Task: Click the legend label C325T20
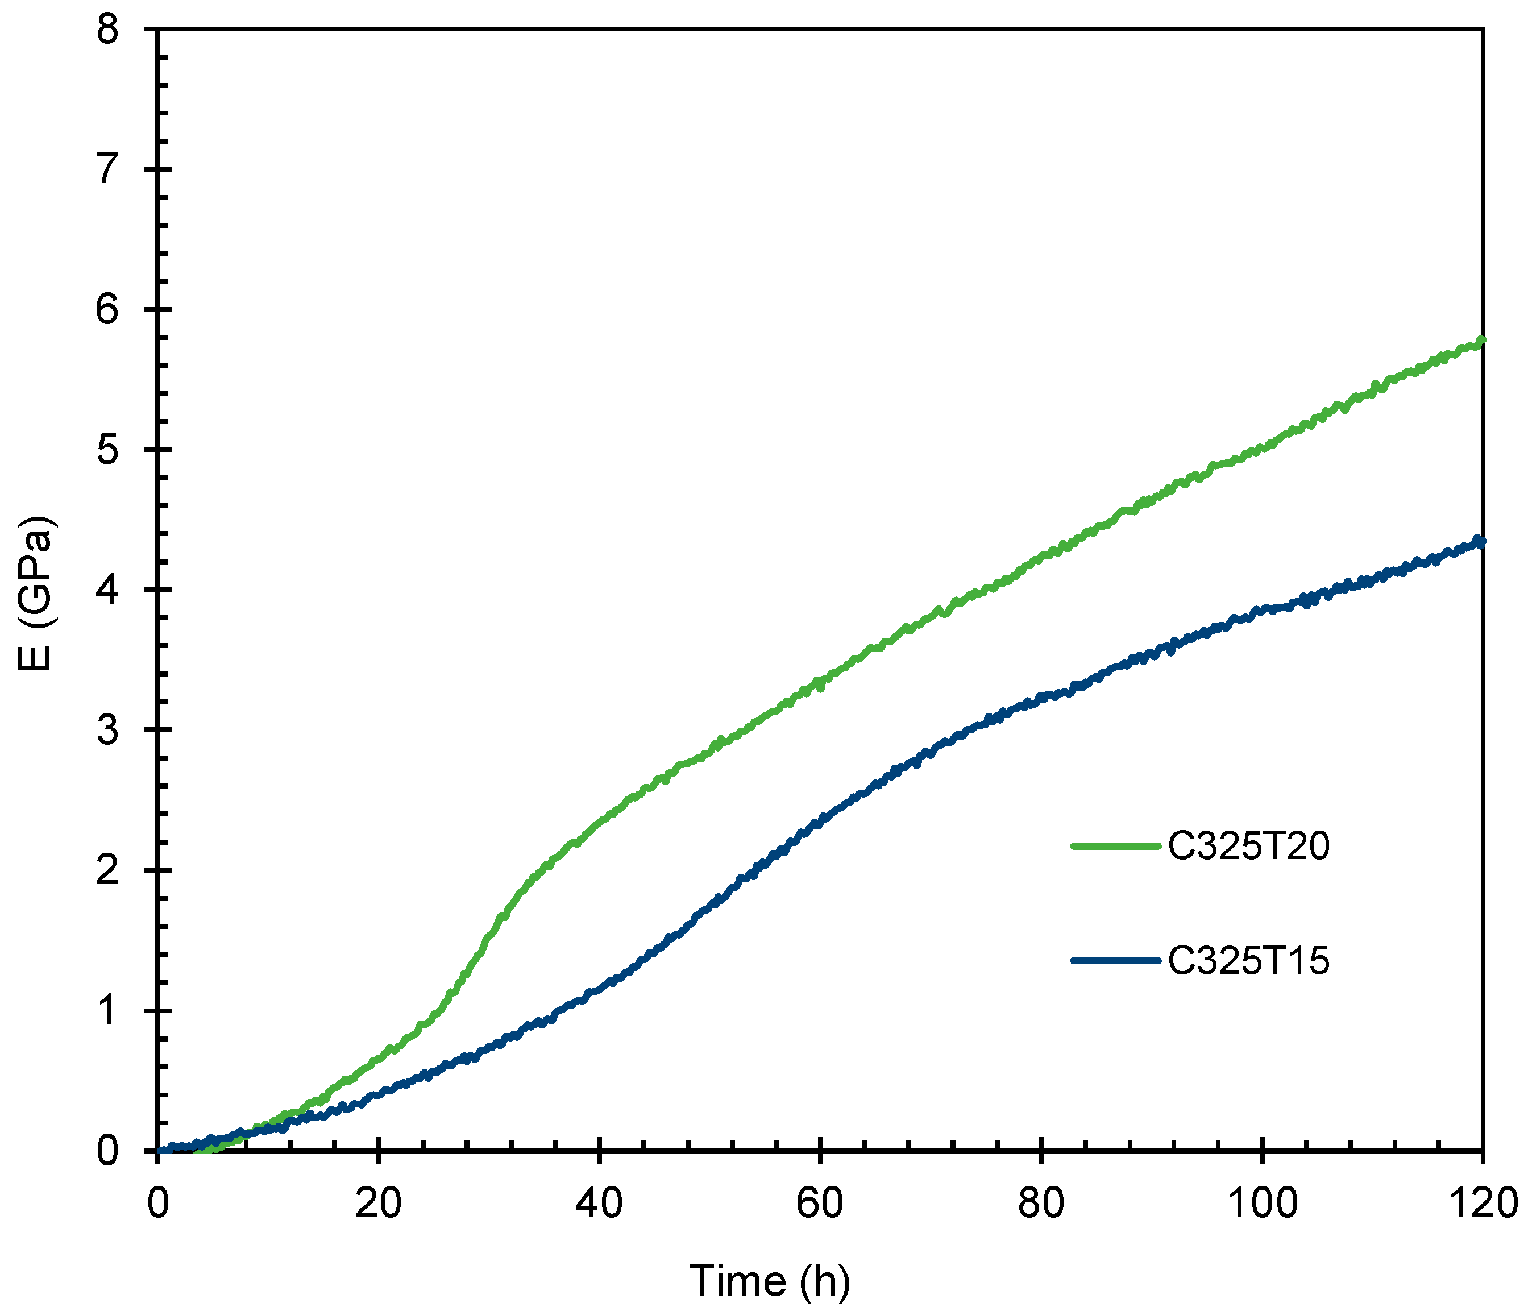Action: (1248, 846)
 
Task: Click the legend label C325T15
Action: (1248, 961)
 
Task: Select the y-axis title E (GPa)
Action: (35, 594)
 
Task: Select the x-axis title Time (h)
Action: (769, 1281)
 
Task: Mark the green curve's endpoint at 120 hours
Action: (1481, 341)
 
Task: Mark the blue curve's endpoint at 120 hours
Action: (1481, 542)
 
